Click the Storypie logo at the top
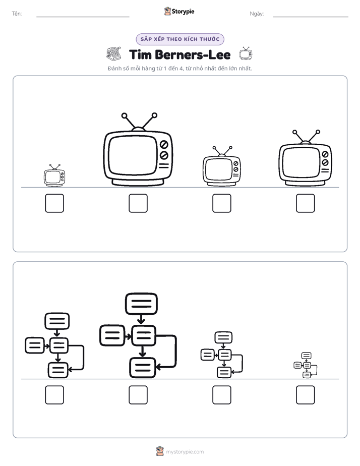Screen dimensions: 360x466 [179, 12]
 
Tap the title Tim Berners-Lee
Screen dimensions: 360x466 [179, 55]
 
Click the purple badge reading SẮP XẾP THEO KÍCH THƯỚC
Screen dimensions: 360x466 [180, 39]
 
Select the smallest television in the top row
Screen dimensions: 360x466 [54, 176]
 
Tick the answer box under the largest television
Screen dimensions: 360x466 [138, 203]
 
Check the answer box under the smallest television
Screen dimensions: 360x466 [54, 203]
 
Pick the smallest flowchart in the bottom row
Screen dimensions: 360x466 [306, 365]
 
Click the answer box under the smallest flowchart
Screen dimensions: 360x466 [306, 395]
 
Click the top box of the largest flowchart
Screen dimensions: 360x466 [141, 304]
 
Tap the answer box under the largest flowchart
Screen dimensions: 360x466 [138, 395]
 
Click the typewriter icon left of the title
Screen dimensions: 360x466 [114, 54]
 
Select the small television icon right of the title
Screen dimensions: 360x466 [246, 53]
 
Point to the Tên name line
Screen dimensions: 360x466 [83, 17]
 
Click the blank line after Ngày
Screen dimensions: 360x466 [311, 17]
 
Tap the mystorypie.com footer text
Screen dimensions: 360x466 [185, 452]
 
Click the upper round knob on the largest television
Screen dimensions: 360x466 [164, 145]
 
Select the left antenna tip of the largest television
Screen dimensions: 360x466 [124, 115]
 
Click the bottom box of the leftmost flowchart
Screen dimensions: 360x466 [58, 370]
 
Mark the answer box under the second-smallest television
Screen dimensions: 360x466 [222, 203]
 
